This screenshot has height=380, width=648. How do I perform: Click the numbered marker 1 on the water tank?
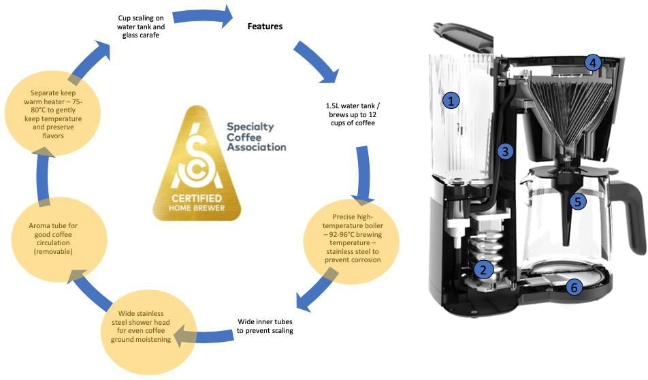(451, 101)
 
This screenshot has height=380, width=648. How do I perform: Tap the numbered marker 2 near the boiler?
(483, 269)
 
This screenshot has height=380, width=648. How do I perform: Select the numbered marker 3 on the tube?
(503, 151)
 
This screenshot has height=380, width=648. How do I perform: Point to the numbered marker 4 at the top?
(593, 63)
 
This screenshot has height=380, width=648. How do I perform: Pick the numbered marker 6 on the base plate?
(574, 288)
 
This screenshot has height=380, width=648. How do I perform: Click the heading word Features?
(264, 27)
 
